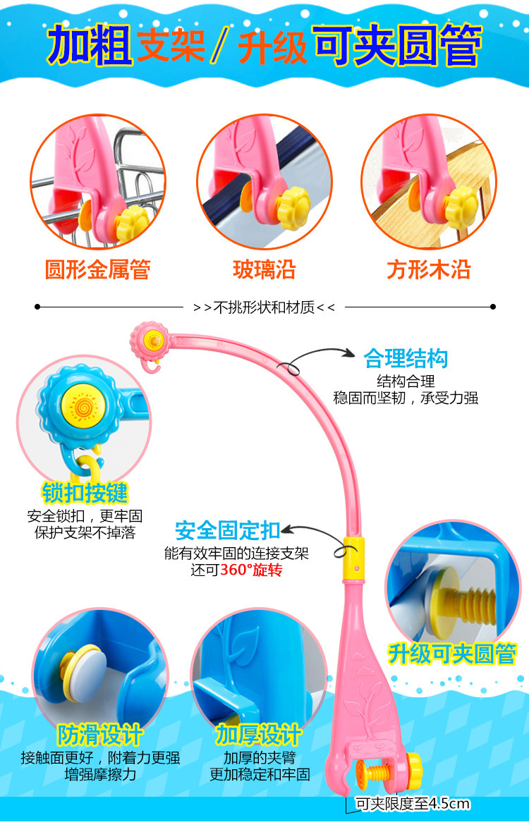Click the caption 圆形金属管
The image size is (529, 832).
[97, 269]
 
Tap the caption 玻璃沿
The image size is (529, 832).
[264, 269]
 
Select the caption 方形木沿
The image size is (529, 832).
[428, 269]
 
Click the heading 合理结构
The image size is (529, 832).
[406, 358]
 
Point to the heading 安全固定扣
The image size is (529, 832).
[228, 530]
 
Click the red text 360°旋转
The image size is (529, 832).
[251, 570]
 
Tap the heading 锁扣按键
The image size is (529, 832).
[85, 493]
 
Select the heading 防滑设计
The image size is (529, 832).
[100, 734]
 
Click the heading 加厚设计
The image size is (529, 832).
[259, 734]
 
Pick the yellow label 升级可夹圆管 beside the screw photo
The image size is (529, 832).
[452, 653]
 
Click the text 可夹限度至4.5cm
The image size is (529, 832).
[413, 804]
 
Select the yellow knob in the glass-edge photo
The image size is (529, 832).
[293, 204]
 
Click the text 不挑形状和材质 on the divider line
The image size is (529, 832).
[264, 307]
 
